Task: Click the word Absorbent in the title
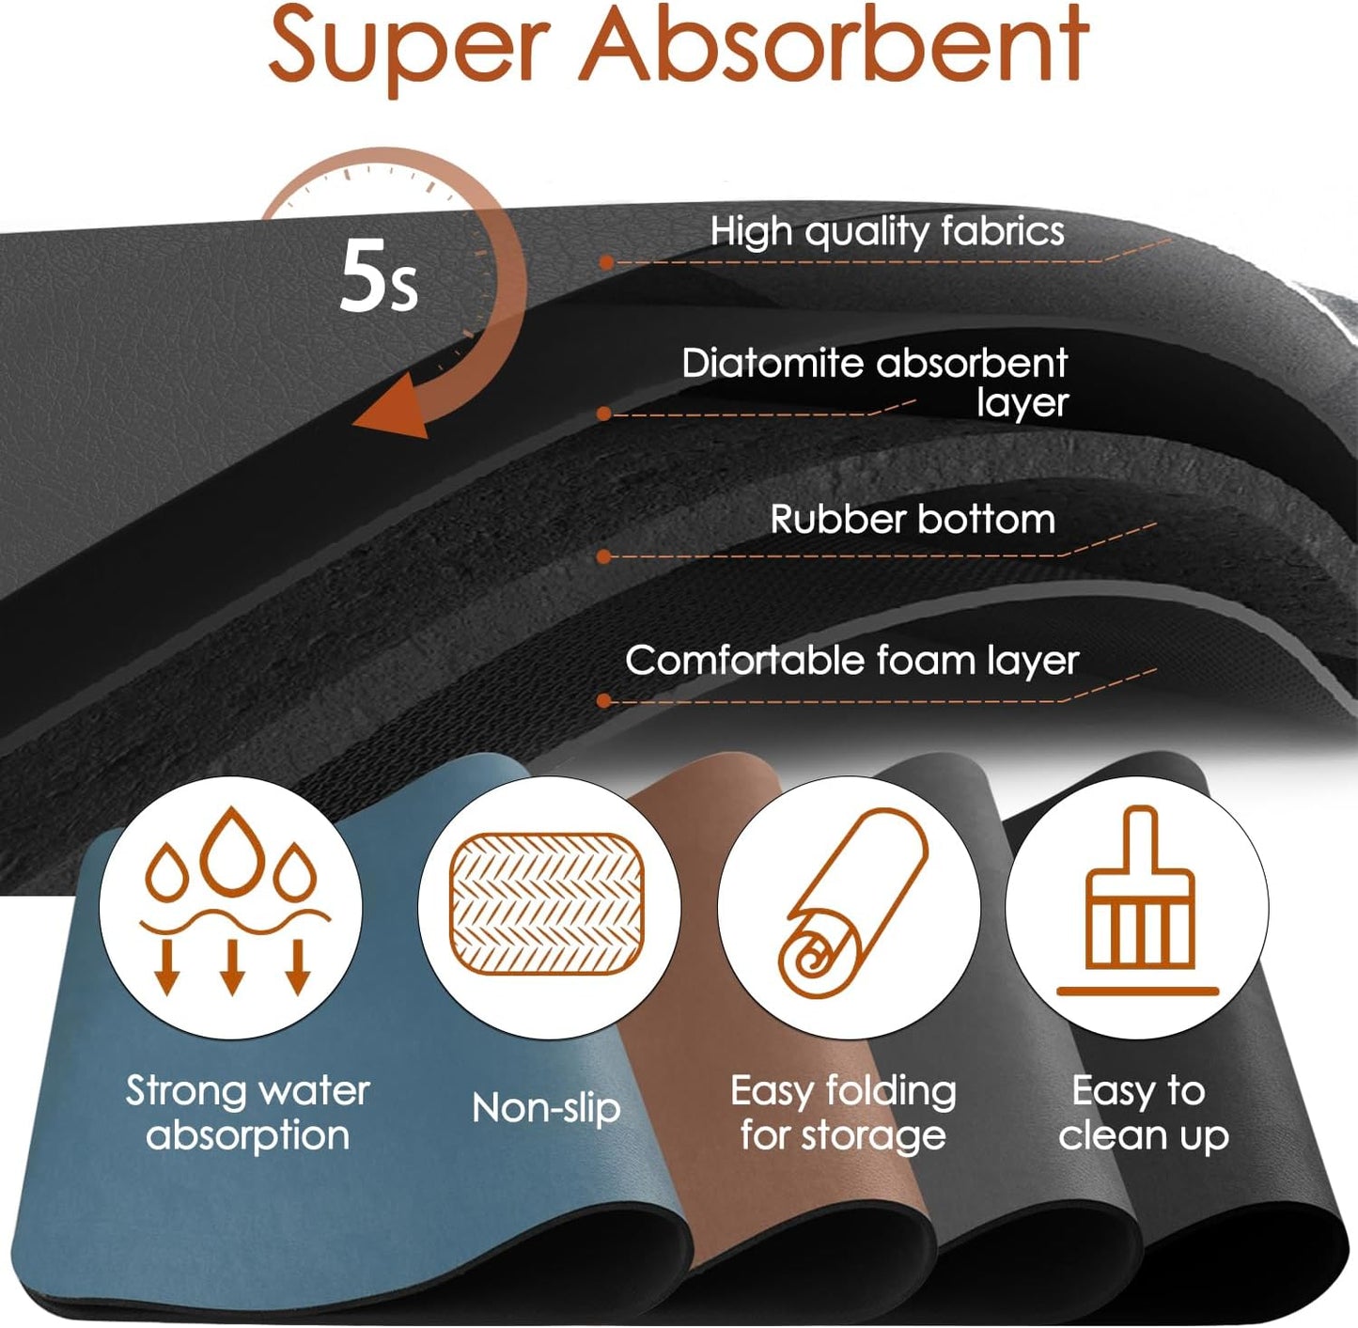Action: click(834, 42)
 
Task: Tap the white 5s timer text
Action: click(378, 275)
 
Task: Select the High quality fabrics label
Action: click(887, 231)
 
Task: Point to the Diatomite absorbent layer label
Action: click(875, 382)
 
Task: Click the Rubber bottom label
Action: click(913, 520)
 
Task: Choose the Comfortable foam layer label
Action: click(852, 660)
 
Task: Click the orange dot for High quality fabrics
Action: click(606, 262)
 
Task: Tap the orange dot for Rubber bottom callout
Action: click(604, 556)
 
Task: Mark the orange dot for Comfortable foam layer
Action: click(604, 700)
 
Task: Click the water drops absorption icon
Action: click(234, 901)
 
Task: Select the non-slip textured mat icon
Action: click(547, 904)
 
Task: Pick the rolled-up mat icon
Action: click(852, 904)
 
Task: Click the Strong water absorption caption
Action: click(248, 1113)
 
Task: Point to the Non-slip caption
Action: click(546, 1107)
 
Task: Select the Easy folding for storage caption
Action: click(843, 1114)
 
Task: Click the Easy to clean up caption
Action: click(1143, 1113)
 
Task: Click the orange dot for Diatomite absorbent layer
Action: click(604, 414)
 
